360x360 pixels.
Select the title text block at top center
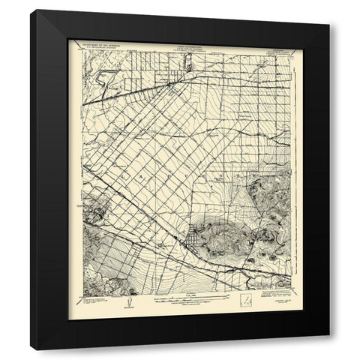point(180,45)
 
